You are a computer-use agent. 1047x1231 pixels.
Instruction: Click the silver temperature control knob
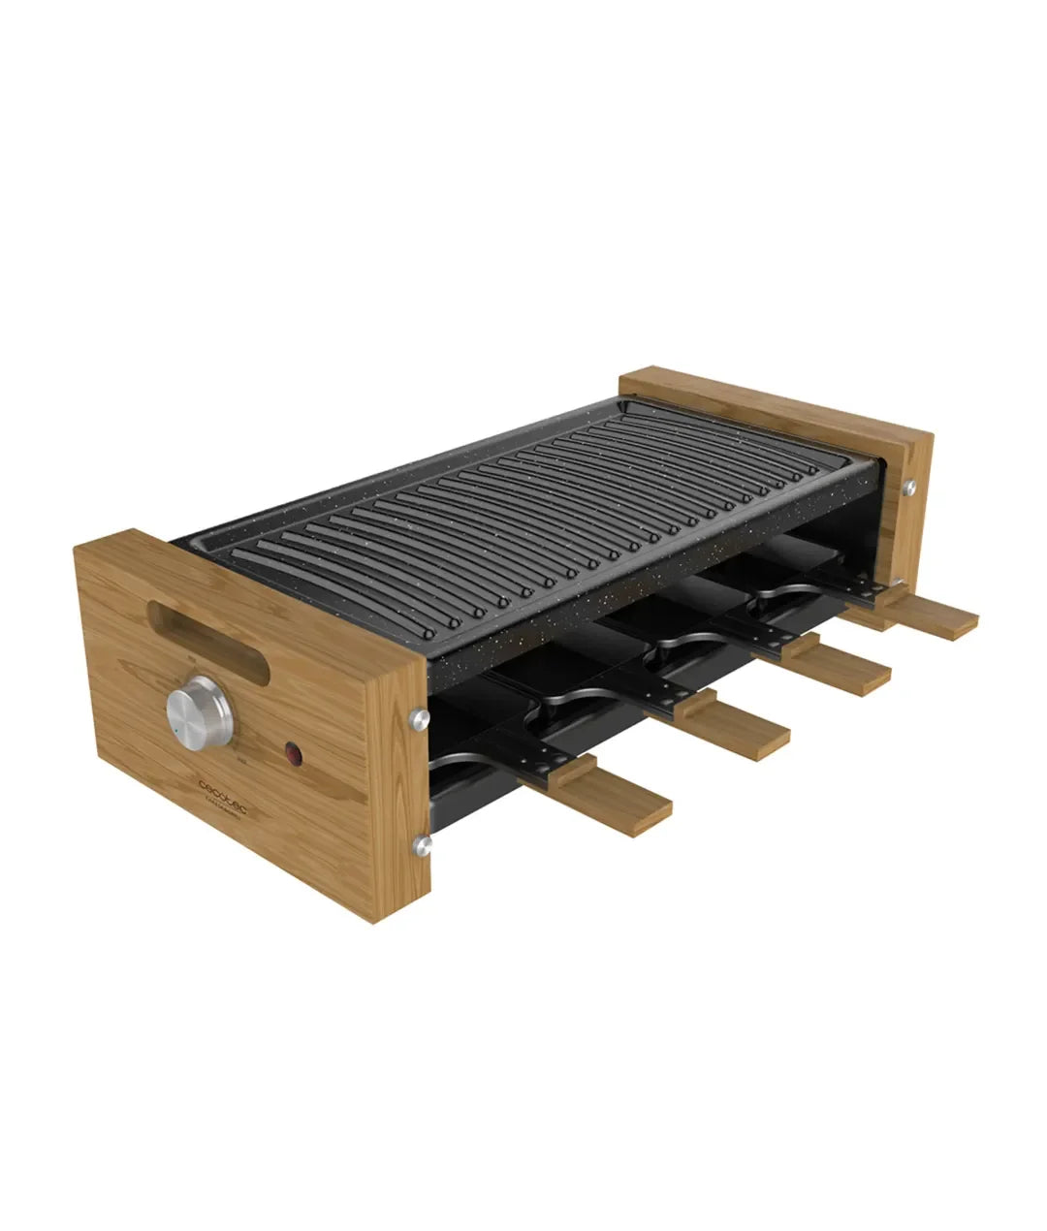pos(199,713)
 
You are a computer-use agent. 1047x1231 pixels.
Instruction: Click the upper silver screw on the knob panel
pos(419,717)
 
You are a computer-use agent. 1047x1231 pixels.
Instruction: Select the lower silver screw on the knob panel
pos(421,845)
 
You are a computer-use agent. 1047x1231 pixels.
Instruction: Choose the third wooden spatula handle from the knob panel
pos(839,667)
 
